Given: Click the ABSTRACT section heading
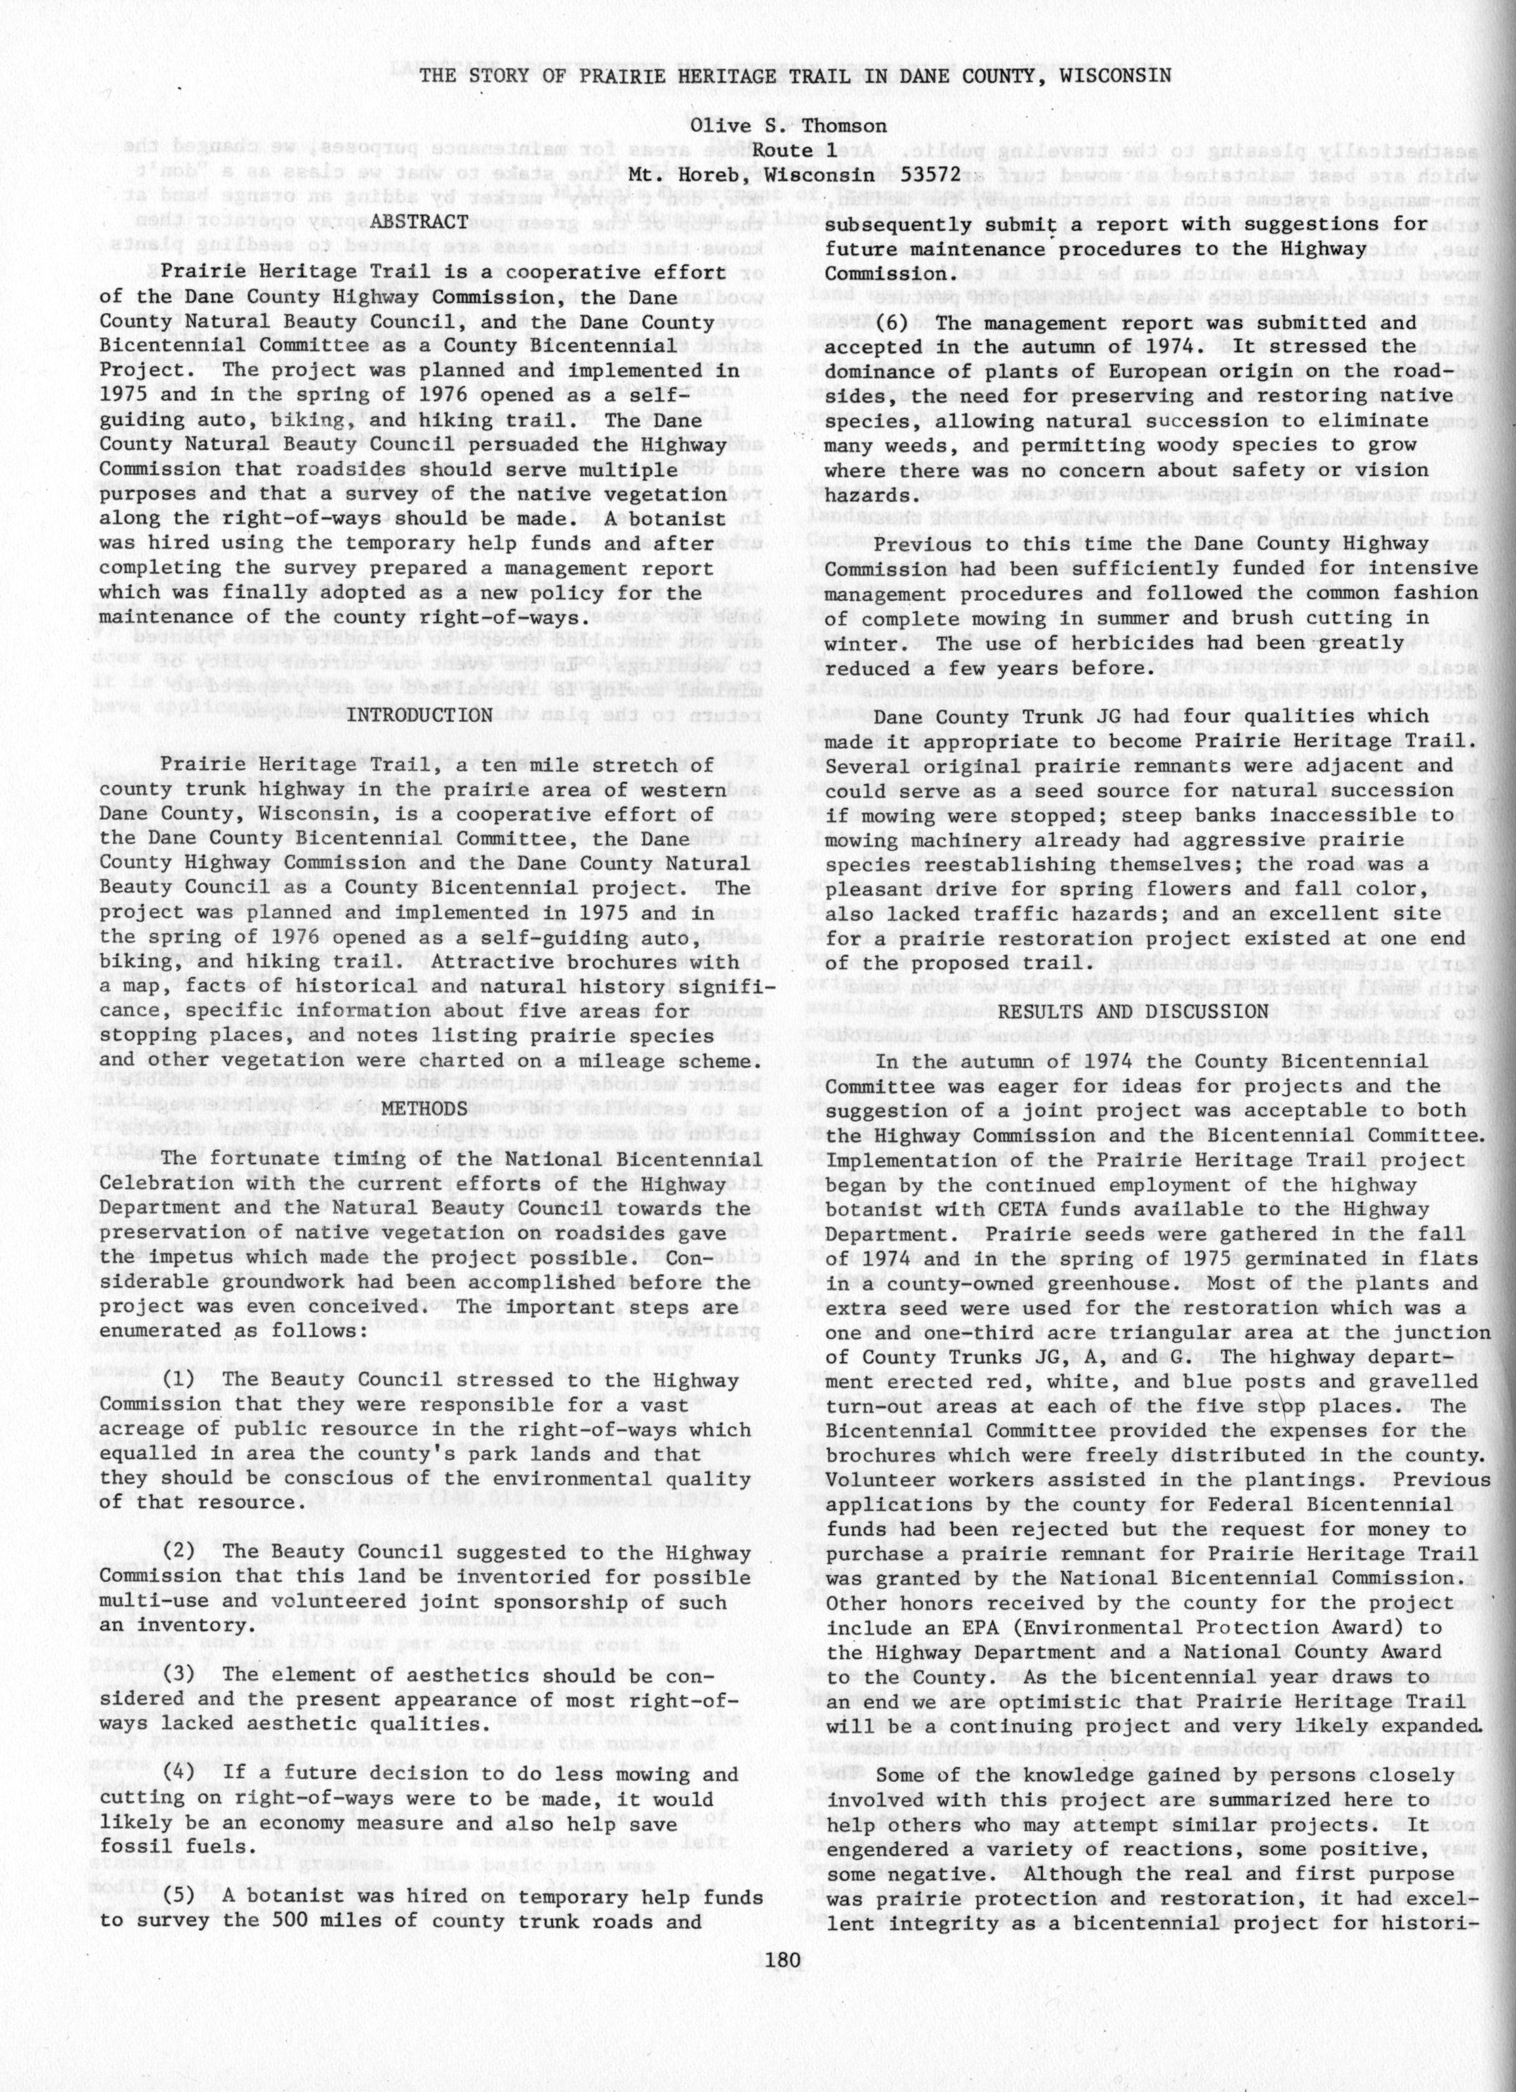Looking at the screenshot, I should click(x=420, y=222).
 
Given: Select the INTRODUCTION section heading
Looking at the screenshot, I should click(x=432, y=715).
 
